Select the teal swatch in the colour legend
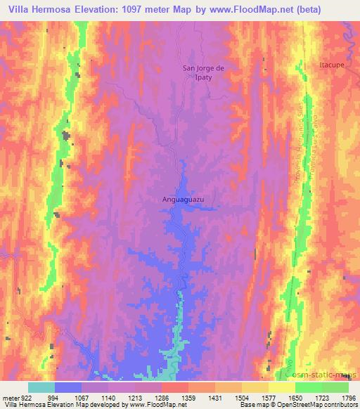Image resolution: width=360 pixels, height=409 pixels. click(x=41, y=387)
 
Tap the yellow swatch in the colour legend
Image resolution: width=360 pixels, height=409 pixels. click(x=282, y=387)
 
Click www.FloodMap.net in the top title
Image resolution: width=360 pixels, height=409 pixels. click(x=256, y=9)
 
